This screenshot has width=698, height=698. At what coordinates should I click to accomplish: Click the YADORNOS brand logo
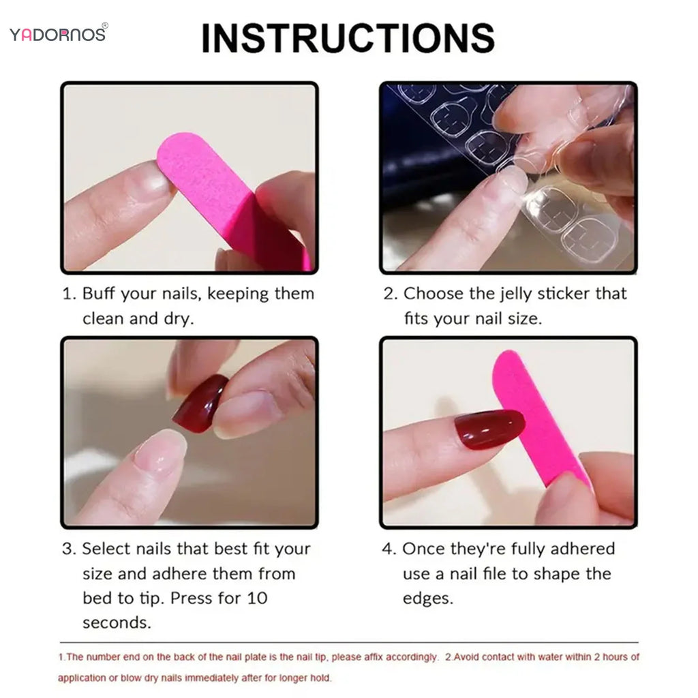[58, 33]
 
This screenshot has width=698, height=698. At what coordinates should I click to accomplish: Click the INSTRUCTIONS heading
[348, 37]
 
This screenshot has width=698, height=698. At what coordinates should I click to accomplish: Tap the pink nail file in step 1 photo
[225, 198]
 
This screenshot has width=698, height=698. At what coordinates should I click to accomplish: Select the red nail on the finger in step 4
[489, 429]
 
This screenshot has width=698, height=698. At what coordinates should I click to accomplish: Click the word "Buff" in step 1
[100, 294]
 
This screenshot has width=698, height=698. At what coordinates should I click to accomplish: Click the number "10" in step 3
[258, 598]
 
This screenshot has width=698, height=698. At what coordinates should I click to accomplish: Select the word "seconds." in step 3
[117, 622]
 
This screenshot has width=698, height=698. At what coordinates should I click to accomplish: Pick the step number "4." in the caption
[389, 549]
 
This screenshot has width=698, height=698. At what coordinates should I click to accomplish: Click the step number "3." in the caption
[69, 549]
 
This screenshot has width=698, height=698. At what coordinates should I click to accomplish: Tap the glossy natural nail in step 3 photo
[160, 451]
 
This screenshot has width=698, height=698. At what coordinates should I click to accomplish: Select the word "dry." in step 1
[178, 318]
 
